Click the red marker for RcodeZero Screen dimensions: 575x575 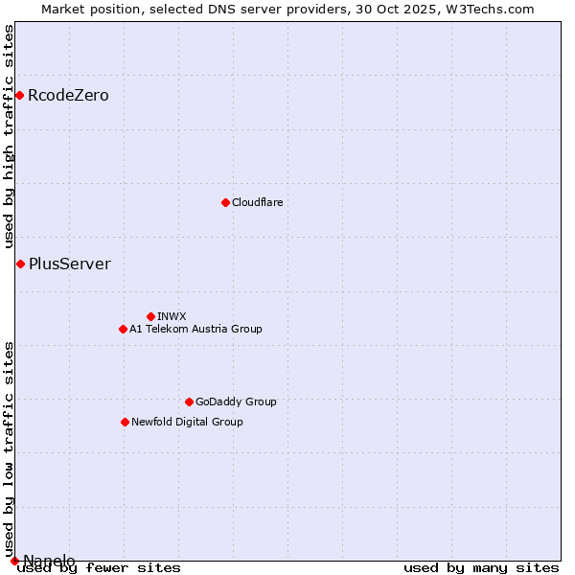pyautogui.click(x=19, y=95)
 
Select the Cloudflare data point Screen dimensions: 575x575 pyautogui.click(x=225, y=202)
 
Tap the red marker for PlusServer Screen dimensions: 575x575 pyautogui.click(x=20, y=264)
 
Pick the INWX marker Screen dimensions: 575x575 pyautogui.click(x=150, y=316)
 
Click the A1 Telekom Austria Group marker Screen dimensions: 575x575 pyautogui.click(x=123, y=329)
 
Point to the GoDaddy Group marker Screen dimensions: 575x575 pyautogui.click(x=189, y=402)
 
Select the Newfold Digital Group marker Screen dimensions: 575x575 pyautogui.click(x=125, y=422)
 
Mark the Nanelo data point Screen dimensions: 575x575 pyautogui.click(x=14, y=561)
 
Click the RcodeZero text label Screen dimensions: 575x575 pyautogui.click(x=68, y=96)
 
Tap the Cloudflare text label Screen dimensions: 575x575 pyautogui.click(x=257, y=202)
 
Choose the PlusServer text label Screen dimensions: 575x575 pyautogui.click(x=69, y=264)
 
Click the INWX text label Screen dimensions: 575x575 pyautogui.click(x=172, y=316)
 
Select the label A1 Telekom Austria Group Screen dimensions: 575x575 pyautogui.click(x=195, y=329)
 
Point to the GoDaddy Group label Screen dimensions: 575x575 pyautogui.click(x=236, y=402)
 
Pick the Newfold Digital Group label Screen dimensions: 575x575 pyautogui.click(x=187, y=422)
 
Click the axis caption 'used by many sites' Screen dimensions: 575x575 pyautogui.click(x=481, y=568)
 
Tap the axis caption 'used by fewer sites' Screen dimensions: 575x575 pyautogui.click(x=99, y=568)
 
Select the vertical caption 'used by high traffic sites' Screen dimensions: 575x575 pyautogui.click(x=10, y=137)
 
